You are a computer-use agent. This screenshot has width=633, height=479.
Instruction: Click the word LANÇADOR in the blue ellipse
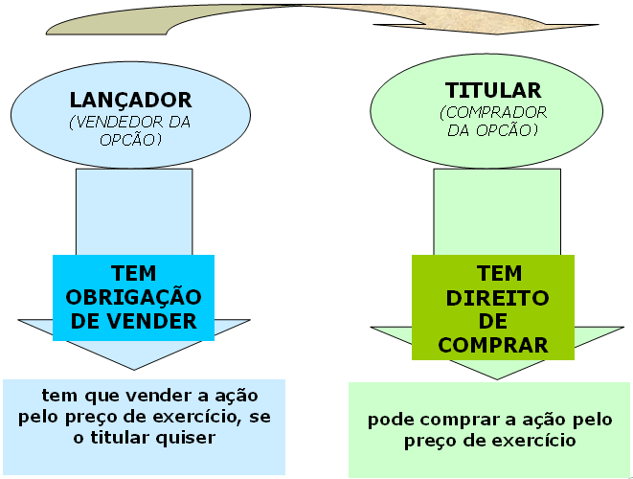pos(131,100)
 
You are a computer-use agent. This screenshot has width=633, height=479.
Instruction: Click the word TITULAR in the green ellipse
pos(493,91)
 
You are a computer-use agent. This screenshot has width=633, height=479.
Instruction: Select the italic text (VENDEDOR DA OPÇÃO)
pos(131,131)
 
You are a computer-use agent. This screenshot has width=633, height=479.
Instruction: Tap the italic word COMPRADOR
pos(493,112)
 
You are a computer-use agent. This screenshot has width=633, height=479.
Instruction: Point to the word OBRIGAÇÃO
pos(133,296)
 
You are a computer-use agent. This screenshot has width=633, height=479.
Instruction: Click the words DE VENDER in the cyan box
pos(133,320)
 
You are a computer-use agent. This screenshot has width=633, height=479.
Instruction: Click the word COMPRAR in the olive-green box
pos(495,343)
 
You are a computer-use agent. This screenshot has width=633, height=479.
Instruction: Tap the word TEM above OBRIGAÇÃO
pos(133,272)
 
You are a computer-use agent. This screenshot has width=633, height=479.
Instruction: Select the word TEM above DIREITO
pos(494,274)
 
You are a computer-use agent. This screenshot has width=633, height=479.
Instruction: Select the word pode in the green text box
pos(389,421)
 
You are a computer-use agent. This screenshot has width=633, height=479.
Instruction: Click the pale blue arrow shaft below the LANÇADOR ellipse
pos(133,211)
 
